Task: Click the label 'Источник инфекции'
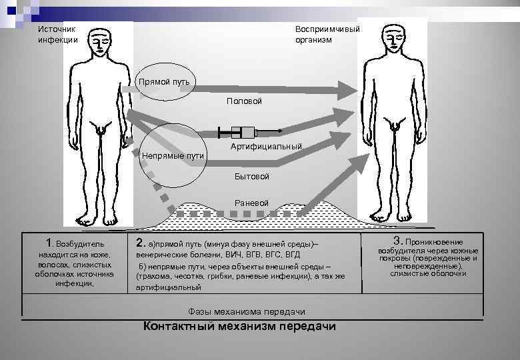pyautogui.click(x=57, y=34)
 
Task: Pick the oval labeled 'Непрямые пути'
pyautogui.click(x=173, y=156)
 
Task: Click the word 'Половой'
pyautogui.click(x=244, y=101)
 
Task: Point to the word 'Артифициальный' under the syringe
pyautogui.click(x=266, y=146)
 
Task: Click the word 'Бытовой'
pyautogui.click(x=251, y=177)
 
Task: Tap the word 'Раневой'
pyautogui.click(x=251, y=203)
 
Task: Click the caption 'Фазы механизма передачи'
pyautogui.click(x=247, y=311)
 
